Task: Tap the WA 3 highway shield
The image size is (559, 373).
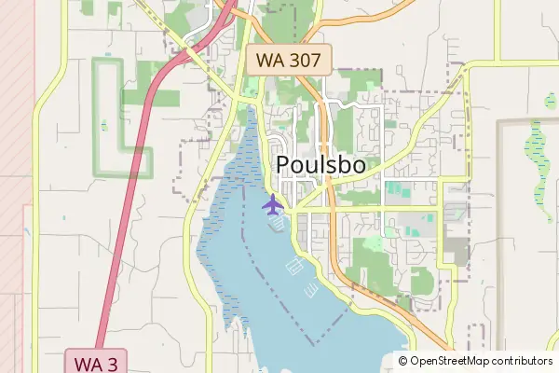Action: (x=96, y=361)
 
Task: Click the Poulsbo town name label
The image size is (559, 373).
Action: (x=321, y=165)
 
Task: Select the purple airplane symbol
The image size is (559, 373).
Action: (x=273, y=203)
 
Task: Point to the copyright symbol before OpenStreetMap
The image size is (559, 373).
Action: (x=403, y=361)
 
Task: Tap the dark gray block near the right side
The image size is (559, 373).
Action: (x=457, y=248)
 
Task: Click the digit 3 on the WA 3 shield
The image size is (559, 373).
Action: (x=113, y=361)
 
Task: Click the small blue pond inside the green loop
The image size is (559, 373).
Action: (x=104, y=124)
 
